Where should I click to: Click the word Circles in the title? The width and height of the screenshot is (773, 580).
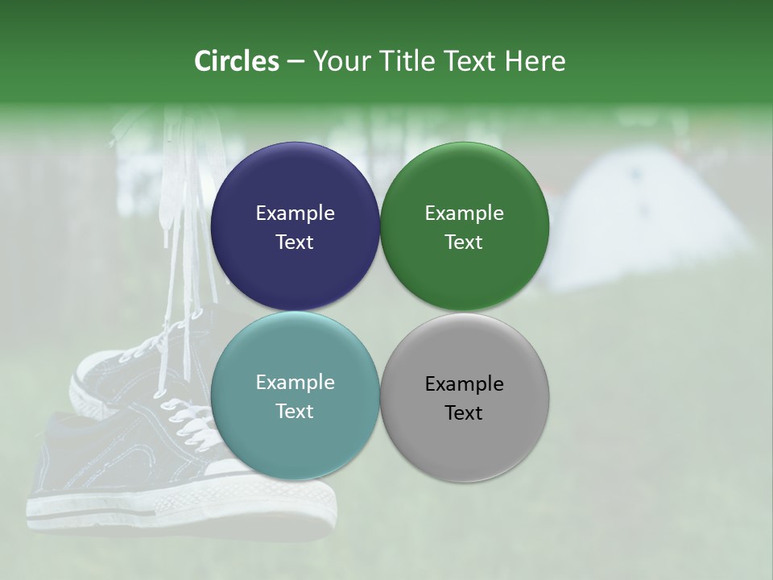236,61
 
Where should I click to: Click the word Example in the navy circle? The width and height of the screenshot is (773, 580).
295,213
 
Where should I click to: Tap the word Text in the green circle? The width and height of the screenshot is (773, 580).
464,242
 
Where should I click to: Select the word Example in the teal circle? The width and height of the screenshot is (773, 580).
295,382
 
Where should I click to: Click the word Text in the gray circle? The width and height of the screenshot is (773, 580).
464,412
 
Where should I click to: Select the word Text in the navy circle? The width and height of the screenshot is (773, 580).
295,242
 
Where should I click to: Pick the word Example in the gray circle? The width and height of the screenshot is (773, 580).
464,383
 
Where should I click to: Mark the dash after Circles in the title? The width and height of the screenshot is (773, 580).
295,61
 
